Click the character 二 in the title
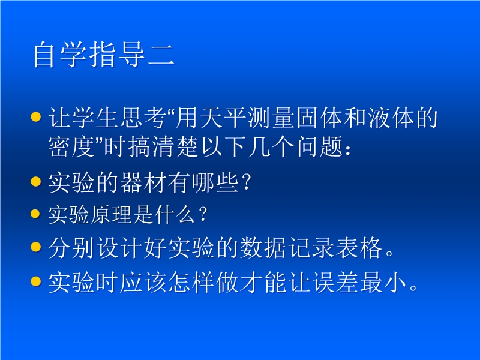(161, 55)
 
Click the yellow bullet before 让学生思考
(36, 116)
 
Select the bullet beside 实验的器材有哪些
(36, 181)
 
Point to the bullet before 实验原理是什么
(36, 214)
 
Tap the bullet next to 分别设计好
(36, 247)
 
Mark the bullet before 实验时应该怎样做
(36, 281)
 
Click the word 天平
(223, 118)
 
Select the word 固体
(320, 118)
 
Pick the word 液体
(392, 118)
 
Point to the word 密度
(71, 146)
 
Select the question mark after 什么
(203, 214)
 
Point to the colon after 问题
(348, 149)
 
